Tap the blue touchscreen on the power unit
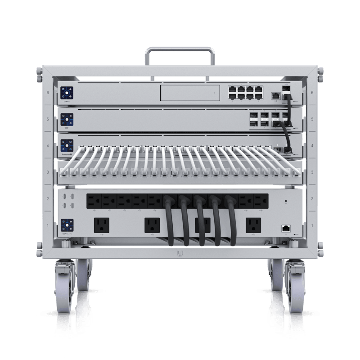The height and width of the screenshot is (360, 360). (67, 225)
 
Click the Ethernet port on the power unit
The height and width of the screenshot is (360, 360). (285, 228)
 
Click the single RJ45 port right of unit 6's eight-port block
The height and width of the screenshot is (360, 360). (274, 95)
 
